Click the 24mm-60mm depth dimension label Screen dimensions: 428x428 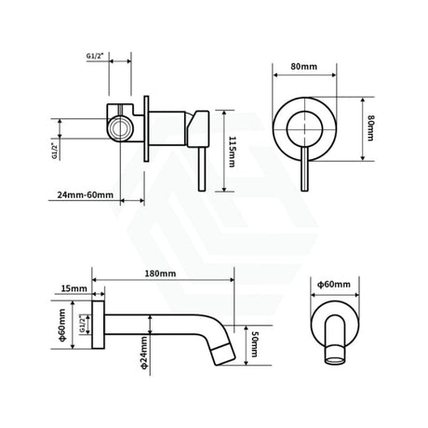point(85,196)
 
